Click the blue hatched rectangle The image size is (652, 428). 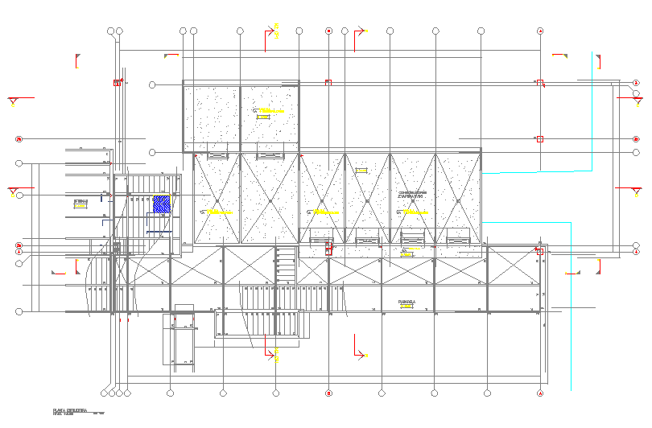[162, 204]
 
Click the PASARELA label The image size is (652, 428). [406, 302]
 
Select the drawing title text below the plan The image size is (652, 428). [70, 410]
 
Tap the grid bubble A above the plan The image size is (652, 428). [540, 31]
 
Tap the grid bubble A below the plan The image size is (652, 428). [540, 393]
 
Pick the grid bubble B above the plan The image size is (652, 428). [328, 31]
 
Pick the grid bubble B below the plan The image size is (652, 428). [328, 393]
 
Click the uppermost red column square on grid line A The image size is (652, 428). [540, 82]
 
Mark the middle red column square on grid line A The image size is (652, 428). [540, 139]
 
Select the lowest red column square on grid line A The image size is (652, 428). [540, 252]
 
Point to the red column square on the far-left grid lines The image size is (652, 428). [118, 83]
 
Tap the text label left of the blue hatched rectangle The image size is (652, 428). [80, 200]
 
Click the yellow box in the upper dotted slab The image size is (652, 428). [263, 117]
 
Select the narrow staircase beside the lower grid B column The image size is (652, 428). [286, 265]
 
